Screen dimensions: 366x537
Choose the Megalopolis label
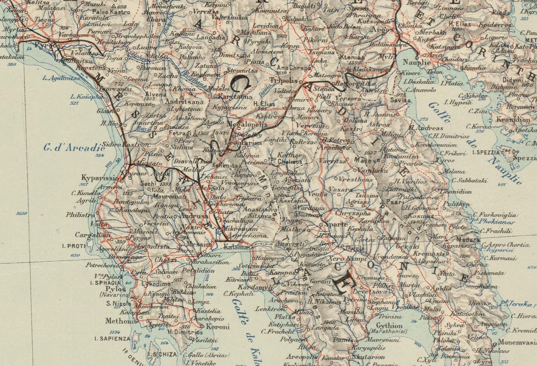[247, 124]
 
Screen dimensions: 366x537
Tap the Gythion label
[390, 326]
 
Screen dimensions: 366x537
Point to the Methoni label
[120, 321]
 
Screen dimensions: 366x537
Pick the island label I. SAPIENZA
[112, 338]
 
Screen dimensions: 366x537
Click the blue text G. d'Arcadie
[74, 147]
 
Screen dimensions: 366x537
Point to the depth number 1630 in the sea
[22, 213]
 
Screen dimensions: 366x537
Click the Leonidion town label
[456, 191]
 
